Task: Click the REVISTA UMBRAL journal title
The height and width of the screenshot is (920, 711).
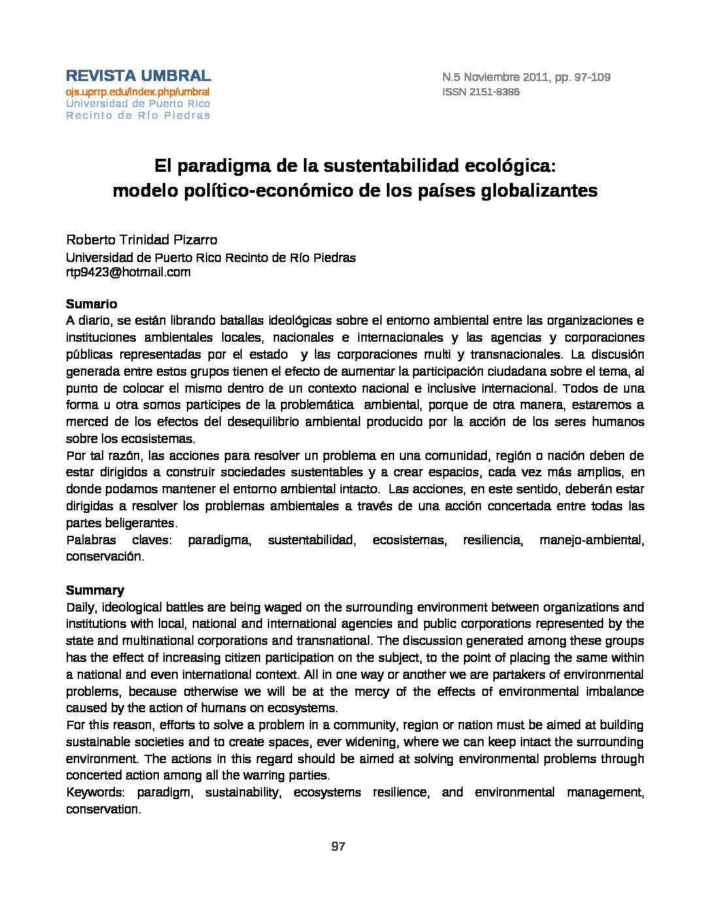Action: pyautogui.click(x=138, y=76)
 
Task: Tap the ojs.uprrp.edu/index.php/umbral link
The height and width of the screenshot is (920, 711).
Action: pyautogui.click(x=137, y=91)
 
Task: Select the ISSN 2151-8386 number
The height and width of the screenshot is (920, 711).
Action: pyautogui.click(x=481, y=92)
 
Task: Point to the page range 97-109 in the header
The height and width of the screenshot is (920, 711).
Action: pyautogui.click(x=592, y=77)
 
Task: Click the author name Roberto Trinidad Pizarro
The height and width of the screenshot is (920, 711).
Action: pyautogui.click(x=142, y=240)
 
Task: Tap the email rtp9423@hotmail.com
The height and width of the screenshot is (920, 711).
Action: pyautogui.click(x=128, y=272)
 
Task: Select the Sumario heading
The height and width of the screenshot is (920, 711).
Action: pyautogui.click(x=91, y=304)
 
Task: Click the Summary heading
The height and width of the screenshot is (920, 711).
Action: pyautogui.click(x=95, y=590)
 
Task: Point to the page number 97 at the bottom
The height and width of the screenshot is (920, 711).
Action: pyautogui.click(x=338, y=846)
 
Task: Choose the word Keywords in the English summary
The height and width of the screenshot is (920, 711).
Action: pyautogui.click(x=95, y=792)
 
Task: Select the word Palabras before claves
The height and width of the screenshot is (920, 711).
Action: pyautogui.click(x=91, y=540)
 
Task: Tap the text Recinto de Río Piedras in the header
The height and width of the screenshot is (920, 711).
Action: pyautogui.click(x=138, y=116)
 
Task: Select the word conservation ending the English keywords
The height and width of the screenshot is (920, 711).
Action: pyautogui.click(x=103, y=809)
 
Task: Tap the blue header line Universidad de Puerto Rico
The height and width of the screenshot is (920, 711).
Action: pyautogui.click(x=138, y=104)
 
